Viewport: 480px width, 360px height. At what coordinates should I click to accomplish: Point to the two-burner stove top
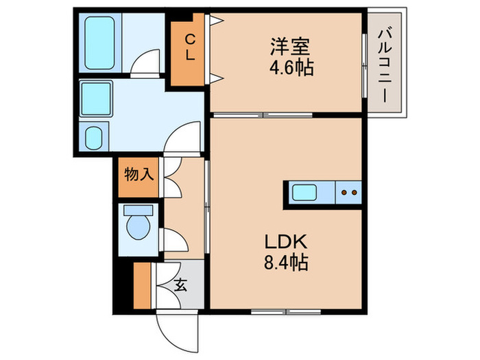(x=348, y=193)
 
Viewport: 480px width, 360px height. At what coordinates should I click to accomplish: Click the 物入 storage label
(x=139, y=175)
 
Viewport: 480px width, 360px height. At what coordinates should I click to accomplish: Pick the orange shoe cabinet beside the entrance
(x=143, y=285)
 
